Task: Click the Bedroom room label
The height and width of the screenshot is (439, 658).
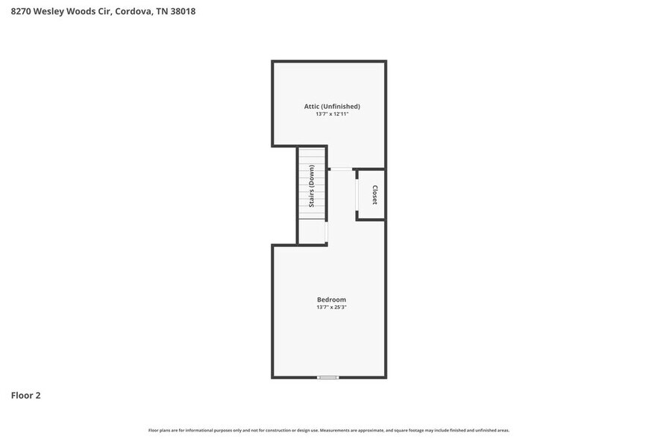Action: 331,299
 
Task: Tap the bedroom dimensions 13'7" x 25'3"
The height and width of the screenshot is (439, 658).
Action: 331,308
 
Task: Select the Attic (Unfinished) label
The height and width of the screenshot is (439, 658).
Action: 332,107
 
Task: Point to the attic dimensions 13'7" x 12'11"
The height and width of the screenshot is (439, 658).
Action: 332,114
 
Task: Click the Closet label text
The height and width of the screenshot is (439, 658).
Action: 375,195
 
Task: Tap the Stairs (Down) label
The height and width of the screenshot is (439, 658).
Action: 312,185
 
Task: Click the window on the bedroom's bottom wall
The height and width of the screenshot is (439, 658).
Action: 328,377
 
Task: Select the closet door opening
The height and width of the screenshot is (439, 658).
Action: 357,195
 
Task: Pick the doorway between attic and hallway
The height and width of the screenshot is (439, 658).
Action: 340,169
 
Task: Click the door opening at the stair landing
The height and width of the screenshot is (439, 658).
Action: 327,232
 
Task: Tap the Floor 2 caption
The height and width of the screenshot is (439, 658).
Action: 25,395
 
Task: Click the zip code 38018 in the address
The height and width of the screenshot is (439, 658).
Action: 183,11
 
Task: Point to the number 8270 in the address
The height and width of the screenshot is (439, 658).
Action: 21,11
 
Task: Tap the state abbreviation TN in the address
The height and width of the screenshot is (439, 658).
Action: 161,11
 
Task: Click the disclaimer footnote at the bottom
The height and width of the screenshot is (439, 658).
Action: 329,430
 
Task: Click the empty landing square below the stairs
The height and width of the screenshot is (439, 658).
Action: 312,232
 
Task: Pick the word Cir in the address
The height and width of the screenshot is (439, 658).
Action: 104,11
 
